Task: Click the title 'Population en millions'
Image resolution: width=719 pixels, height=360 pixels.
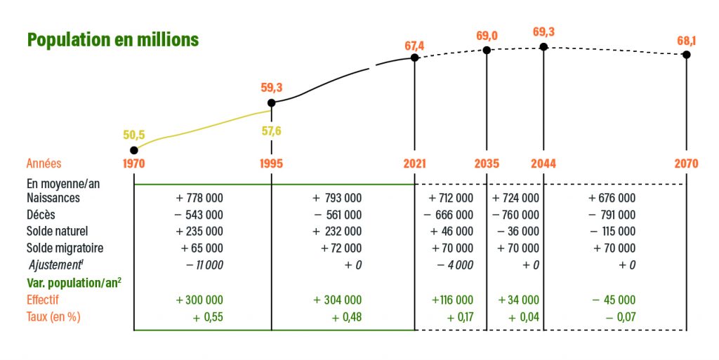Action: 112,39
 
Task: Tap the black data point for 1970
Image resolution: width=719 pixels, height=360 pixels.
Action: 134,149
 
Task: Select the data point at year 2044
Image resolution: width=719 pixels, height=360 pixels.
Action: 543,47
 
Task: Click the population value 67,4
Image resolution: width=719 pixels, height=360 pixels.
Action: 414,46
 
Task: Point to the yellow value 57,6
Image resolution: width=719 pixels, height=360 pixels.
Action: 271,131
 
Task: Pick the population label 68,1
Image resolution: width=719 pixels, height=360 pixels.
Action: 687,41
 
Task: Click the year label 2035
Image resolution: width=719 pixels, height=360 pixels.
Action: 487,164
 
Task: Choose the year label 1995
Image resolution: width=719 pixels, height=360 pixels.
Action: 271,164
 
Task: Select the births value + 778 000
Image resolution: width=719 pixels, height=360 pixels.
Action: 199,198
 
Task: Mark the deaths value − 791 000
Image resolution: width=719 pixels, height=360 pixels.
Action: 612,215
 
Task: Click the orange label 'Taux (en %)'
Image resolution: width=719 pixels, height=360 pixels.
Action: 53,316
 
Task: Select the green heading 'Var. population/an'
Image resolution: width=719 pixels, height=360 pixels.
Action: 71,282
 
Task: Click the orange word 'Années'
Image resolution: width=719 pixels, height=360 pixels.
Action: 44,164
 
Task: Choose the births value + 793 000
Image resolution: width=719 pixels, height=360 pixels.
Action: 338,198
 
